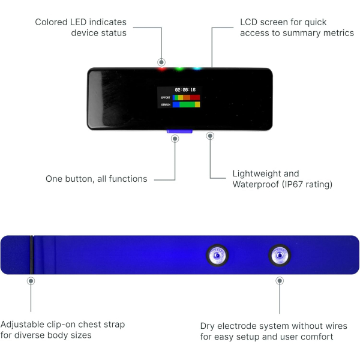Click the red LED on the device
pyautogui.click(x=162, y=68)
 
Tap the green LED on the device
pyautogui.click(x=179, y=68)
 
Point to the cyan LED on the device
pyautogui.click(x=197, y=68)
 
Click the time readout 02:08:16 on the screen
pyautogui.click(x=185, y=90)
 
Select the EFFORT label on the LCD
pyautogui.click(x=166, y=98)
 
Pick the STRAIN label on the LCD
pyautogui.click(x=166, y=104)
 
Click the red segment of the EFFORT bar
pyautogui.click(x=195, y=98)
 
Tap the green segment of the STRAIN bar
pyautogui.click(x=187, y=104)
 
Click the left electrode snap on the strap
pyautogui.click(x=217, y=256)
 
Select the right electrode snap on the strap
pyautogui.click(x=280, y=256)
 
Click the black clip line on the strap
pyautogui.click(x=31, y=255)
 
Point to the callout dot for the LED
pyautogui.click(x=161, y=62)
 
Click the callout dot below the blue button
pyautogui.click(x=175, y=139)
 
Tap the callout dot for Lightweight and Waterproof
pyautogui.click(x=210, y=136)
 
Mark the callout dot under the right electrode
pyautogui.click(x=280, y=281)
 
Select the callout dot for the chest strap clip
pyautogui.click(x=31, y=281)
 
